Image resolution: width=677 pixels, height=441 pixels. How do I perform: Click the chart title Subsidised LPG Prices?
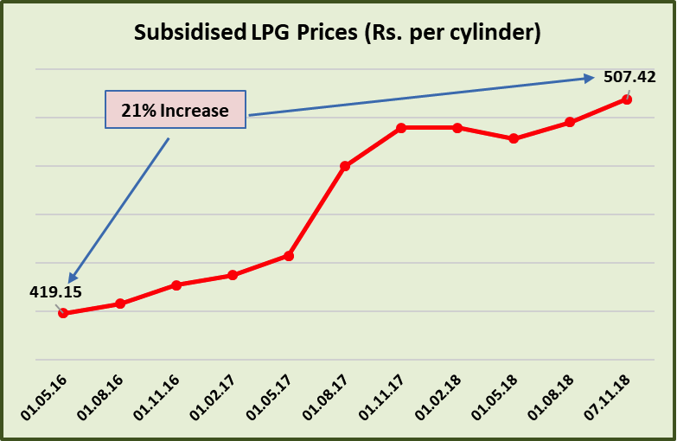pyautogui.click(x=337, y=34)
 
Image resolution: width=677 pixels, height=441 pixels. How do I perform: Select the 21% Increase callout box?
pyautogui.click(x=176, y=110)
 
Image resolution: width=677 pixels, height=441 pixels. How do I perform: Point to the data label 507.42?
pyautogui.click(x=629, y=76)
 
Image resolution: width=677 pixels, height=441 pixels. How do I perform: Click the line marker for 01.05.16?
pyautogui.click(x=63, y=313)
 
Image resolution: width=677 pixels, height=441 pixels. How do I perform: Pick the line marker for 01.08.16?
pyautogui.click(x=120, y=304)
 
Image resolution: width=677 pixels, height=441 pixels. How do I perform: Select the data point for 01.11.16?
pyautogui.click(x=176, y=284)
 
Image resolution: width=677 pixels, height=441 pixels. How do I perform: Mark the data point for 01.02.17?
pyautogui.click(x=233, y=275)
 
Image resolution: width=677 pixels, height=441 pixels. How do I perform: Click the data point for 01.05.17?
pyautogui.click(x=289, y=256)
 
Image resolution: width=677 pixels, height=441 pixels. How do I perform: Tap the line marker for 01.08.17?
pyautogui.click(x=345, y=165)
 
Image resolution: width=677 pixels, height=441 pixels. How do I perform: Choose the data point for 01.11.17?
pyautogui.click(x=401, y=128)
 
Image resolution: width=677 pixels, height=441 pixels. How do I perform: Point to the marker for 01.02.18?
pyautogui.click(x=457, y=128)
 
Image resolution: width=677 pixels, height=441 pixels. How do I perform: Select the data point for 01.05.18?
pyautogui.click(x=514, y=138)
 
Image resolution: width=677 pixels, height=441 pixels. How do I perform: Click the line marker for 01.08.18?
pyautogui.click(x=570, y=122)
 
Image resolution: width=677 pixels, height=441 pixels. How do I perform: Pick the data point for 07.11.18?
pyautogui.click(x=627, y=99)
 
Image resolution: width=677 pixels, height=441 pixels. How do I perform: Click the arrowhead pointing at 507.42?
pyautogui.click(x=589, y=79)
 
